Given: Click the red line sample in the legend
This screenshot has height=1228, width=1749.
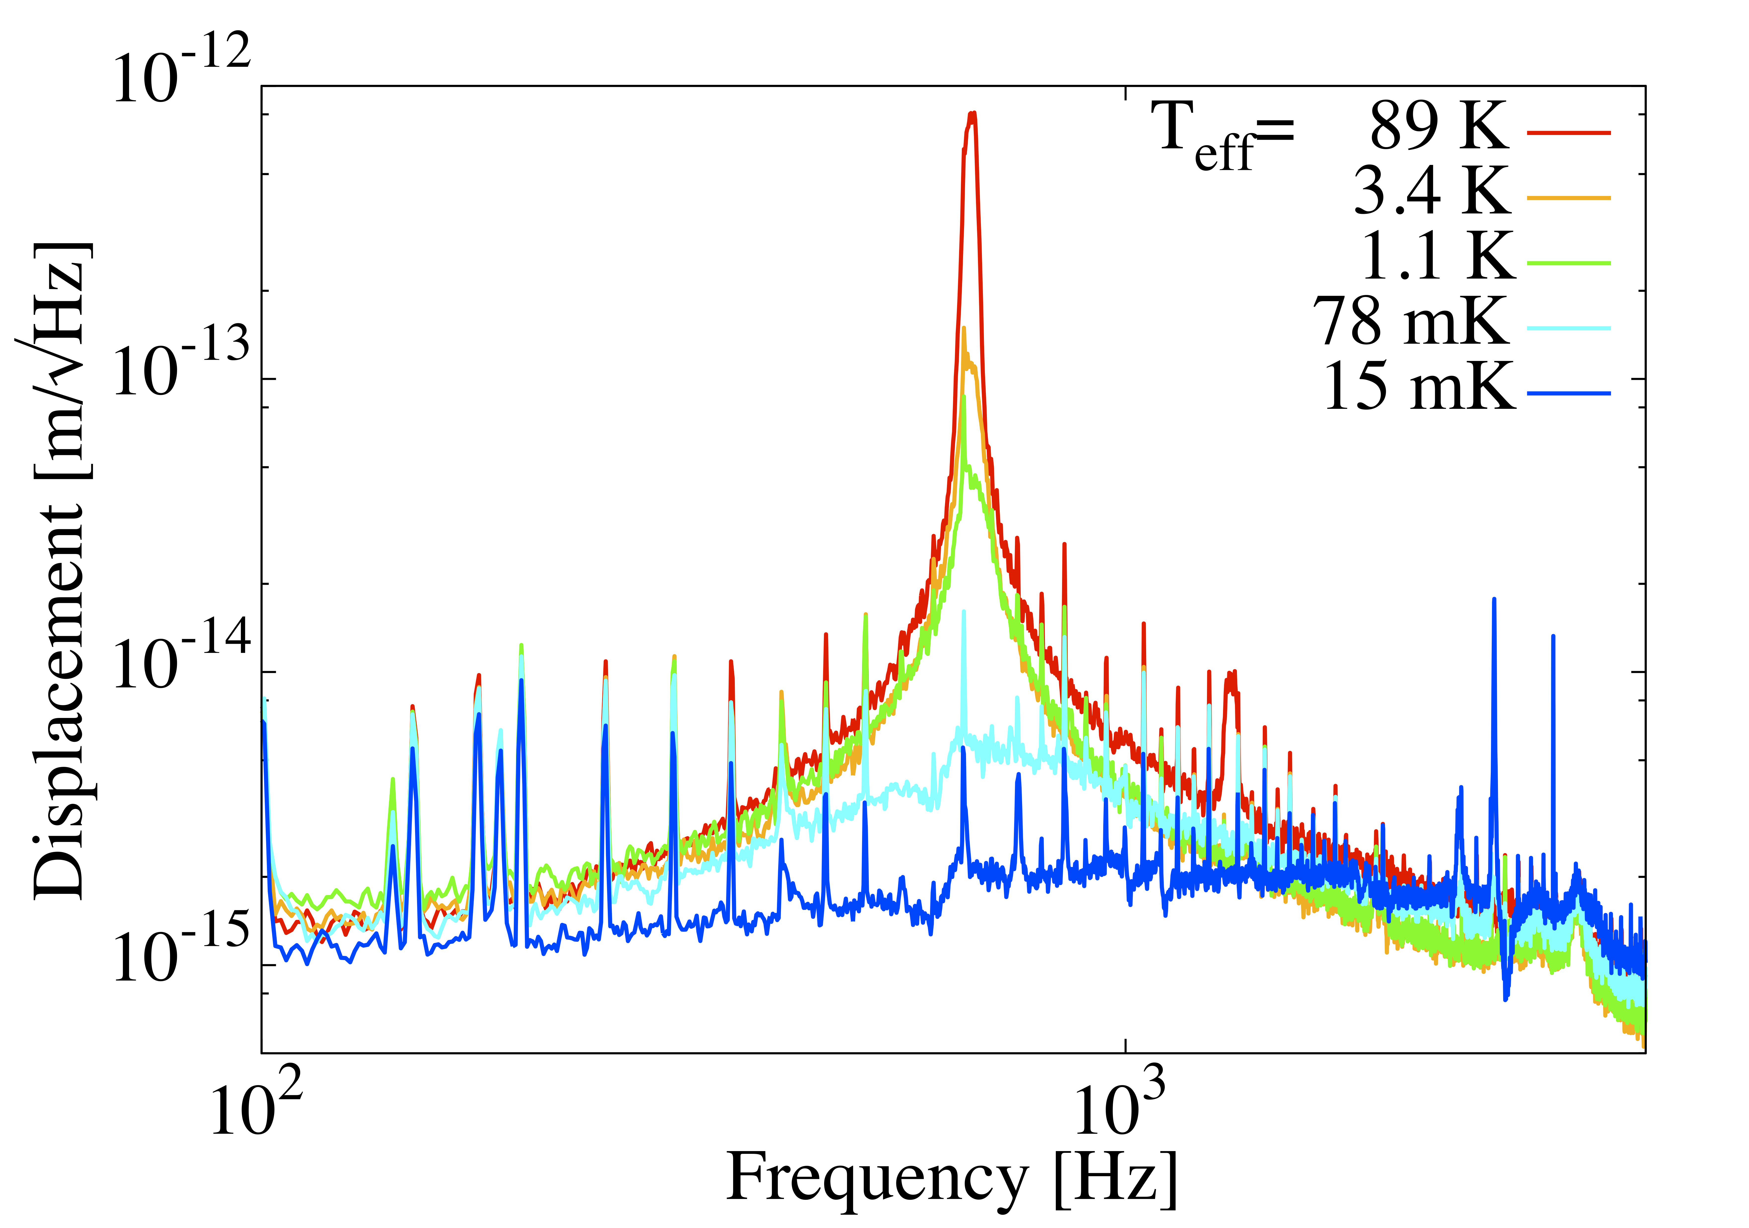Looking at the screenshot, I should (1569, 132).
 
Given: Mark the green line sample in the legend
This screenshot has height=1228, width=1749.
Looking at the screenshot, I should (1569, 263).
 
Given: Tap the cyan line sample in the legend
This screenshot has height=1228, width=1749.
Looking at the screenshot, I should (1569, 328).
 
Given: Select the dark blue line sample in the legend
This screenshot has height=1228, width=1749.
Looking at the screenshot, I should (1569, 394).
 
